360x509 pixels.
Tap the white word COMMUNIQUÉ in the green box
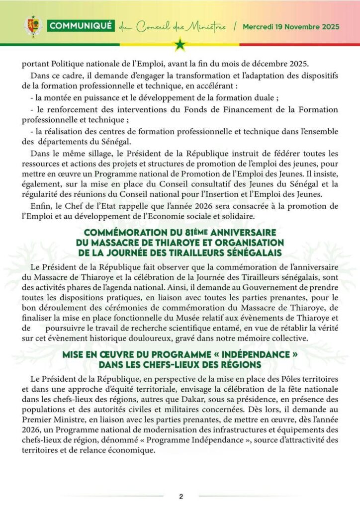82,26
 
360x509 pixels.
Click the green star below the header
180,46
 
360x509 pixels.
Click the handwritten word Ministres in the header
205,26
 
